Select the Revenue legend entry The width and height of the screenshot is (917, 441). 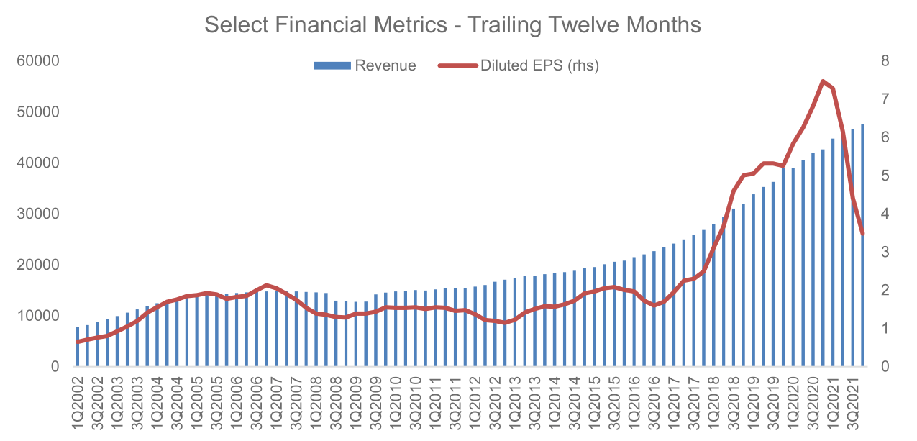(x=365, y=65)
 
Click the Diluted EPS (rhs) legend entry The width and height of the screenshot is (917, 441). (x=518, y=65)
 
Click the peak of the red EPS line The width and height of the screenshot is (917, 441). (x=823, y=81)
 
